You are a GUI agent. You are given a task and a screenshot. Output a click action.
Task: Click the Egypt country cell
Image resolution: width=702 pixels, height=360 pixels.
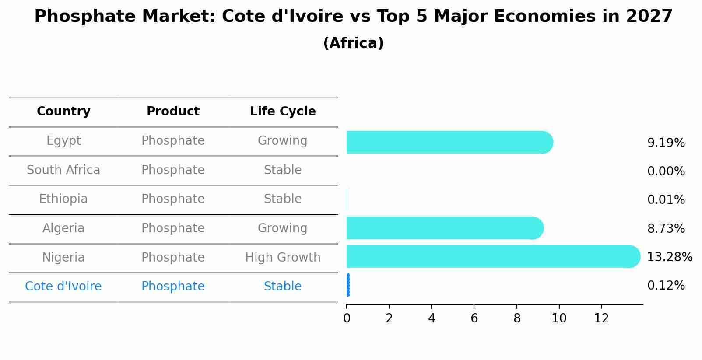tap(63, 141)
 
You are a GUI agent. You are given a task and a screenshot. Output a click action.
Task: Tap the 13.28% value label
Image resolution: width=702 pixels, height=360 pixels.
tap(669, 257)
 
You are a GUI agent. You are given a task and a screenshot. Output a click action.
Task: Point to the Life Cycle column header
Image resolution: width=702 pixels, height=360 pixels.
tap(283, 112)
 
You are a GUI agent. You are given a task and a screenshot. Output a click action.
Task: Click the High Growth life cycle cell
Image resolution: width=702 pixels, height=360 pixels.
tap(283, 257)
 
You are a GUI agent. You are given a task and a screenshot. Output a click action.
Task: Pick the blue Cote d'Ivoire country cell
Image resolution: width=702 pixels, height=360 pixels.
tap(63, 287)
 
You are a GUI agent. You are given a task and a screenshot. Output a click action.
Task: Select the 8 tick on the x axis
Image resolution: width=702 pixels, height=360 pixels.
tap(517, 318)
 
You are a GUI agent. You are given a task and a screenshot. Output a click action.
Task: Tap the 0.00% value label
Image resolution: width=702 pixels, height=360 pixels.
tap(666, 171)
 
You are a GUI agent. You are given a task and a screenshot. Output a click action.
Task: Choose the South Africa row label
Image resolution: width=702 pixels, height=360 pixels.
tap(63, 170)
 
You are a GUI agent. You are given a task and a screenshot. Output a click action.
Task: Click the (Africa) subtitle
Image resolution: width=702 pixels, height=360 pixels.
tap(353, 43)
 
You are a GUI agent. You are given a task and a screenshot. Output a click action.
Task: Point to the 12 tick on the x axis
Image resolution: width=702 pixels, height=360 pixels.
tap(601, 318)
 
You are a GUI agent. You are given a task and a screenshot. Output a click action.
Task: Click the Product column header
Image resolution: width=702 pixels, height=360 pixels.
tap(173, 112)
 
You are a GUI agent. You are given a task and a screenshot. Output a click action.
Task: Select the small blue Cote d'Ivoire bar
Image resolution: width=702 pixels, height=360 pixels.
tap(348, 285)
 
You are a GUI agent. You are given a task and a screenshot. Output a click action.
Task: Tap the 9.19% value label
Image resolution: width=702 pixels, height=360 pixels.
tap(666, 143)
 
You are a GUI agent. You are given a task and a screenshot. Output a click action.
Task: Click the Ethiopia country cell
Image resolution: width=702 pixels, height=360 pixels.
tap(63, 199)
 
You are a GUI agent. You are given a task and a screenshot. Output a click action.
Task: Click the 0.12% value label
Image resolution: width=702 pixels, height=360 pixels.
tap(666, 286)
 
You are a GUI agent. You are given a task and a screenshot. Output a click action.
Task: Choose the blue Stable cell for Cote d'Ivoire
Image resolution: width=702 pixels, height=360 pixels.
tap(283, 287)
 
